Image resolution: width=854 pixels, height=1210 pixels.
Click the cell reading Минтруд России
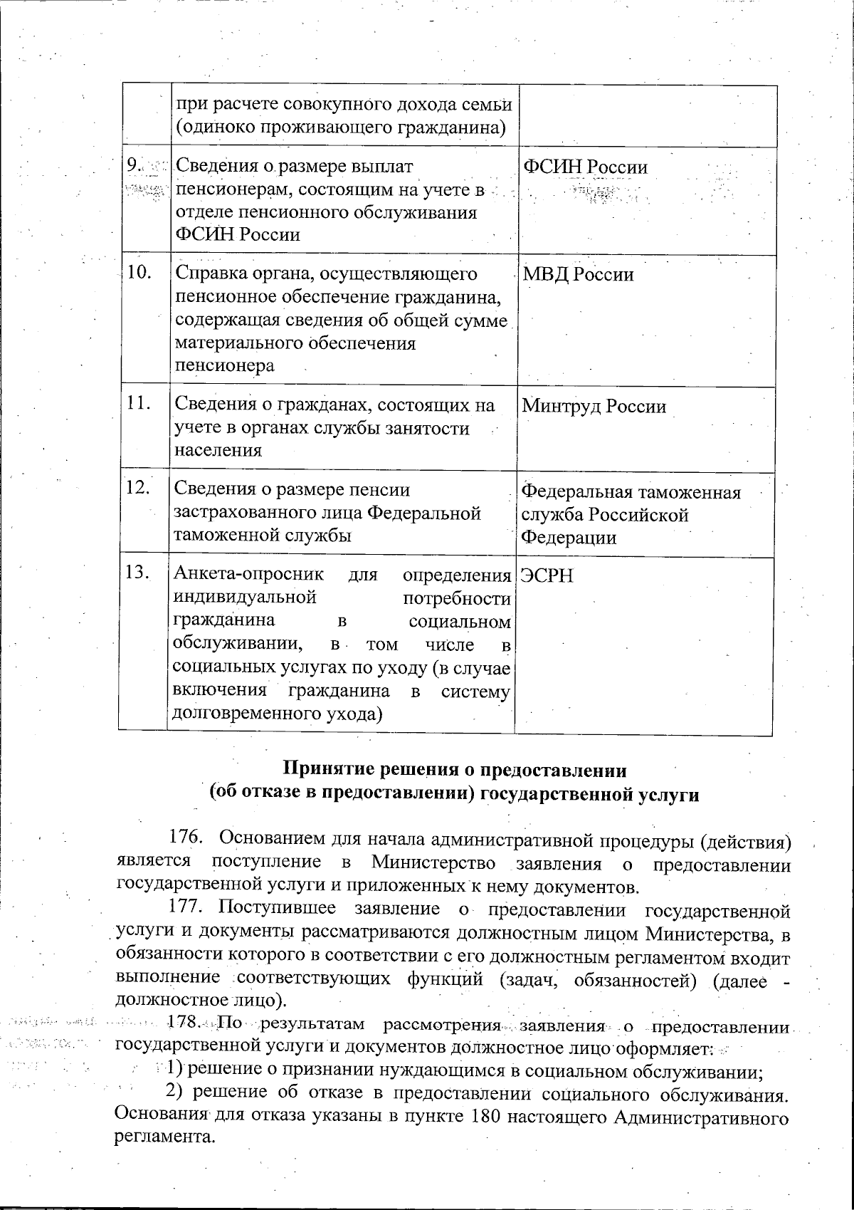(x=594, y=407)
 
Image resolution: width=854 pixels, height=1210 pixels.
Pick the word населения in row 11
(x=218, y=450)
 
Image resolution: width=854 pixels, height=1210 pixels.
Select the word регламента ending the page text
(x=164, y=1137)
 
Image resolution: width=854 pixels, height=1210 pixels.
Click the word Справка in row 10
(x=209, y=275)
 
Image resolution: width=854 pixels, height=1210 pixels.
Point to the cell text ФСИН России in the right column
(x=584, y=167)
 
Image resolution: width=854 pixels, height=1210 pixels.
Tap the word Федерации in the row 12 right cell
(x=569, y=538)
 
